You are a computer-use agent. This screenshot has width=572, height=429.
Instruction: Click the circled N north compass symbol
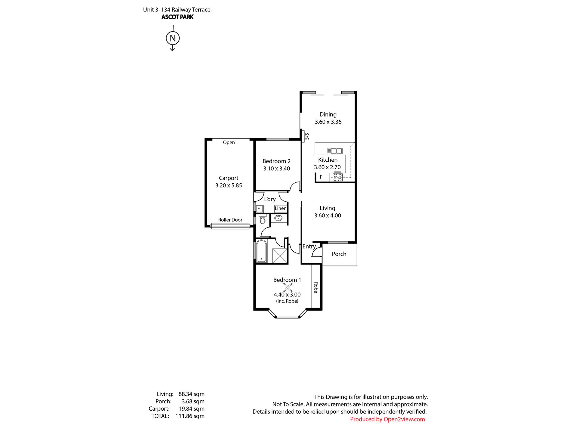click(x=173, y=38)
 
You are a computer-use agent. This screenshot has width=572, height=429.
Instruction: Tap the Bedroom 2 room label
click(x=276, y=161)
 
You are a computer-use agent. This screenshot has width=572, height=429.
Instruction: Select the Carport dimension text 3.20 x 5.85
click(x=228, y=185)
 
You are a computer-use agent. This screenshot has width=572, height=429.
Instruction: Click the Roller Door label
click(x=230, y=220)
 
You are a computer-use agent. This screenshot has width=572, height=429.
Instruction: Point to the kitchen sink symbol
click(x=334, y=151)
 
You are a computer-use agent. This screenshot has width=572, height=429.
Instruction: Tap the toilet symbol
click(x=263, y=219)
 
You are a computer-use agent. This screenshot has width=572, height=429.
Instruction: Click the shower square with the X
click(x=280, y=256)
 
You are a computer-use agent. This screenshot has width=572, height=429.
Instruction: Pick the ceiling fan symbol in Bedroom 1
click(x=288, y=288)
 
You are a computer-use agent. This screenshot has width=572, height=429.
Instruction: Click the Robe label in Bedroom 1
click(x=316, y=288)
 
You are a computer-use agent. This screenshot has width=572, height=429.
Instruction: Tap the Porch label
click(x=339, y=254)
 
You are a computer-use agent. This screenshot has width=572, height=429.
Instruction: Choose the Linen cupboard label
click(x=281, y=208)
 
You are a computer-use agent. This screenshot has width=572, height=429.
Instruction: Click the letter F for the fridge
click(x=321, y=177)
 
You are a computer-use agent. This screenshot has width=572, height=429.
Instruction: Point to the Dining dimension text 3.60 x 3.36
click(x=328, y=122)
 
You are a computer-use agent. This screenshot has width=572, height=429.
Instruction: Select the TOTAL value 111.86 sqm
click(x=190, y=416)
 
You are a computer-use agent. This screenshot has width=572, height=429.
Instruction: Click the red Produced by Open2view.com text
click(x=387, y=419)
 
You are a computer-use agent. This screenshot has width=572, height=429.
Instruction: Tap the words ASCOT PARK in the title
click(x=177, y=17)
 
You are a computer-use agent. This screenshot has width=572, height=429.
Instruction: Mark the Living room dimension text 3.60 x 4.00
click(x=328, y=216)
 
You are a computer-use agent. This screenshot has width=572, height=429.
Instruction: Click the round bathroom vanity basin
click(x=278, y=218)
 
